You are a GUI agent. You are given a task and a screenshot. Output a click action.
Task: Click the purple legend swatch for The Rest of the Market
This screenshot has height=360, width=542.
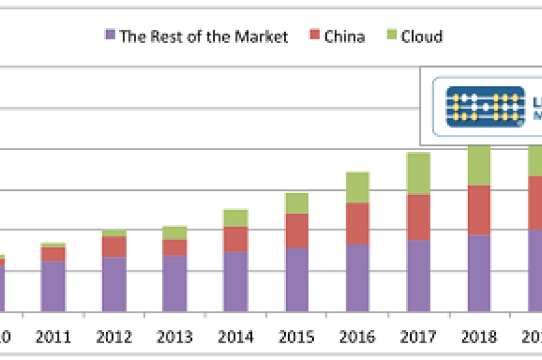110,35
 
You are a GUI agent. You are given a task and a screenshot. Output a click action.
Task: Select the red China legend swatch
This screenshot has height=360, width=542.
314,35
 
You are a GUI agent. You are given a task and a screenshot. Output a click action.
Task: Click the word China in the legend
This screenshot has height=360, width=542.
345,36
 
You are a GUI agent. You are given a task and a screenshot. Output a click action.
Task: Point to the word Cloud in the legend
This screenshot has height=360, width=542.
422,36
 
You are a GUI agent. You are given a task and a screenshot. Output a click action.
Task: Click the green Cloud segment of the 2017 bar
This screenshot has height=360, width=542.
418,173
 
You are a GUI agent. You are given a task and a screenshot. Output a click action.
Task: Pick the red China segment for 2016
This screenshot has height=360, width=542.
357,223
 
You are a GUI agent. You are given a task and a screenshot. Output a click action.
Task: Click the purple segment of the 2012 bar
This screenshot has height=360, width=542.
114,284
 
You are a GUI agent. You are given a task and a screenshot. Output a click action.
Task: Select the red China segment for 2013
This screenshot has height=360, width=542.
175,247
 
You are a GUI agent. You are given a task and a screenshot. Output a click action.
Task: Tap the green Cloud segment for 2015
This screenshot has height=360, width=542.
297,203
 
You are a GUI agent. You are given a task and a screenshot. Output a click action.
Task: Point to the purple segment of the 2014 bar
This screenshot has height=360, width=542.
236,281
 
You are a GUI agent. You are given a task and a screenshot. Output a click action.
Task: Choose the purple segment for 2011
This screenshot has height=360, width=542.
53,286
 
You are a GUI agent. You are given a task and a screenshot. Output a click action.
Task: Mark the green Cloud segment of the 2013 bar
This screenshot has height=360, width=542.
175,232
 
